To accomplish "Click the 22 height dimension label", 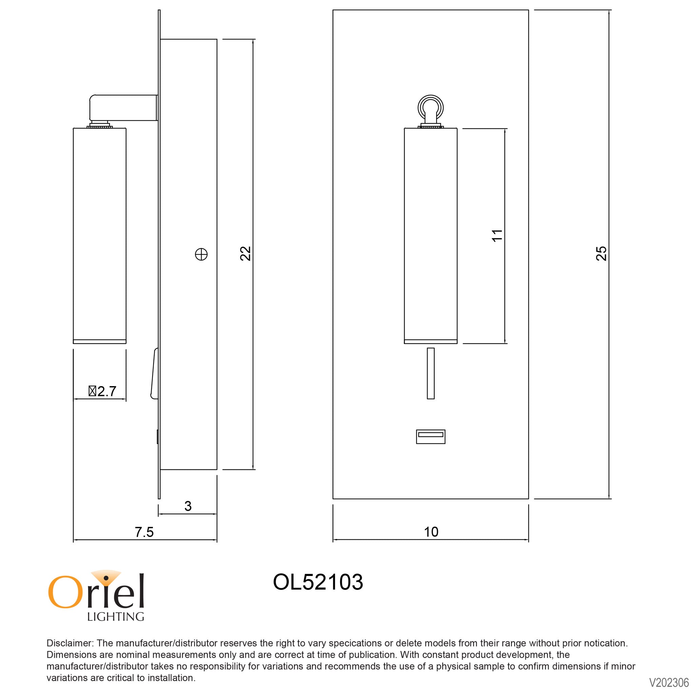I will click(x=245, y=253).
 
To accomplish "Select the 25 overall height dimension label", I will click(x=601, y=253).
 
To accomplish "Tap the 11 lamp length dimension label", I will click(x=497, y=236).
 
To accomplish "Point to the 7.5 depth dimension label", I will click(x=144, y=532).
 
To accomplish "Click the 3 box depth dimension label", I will click(x=188, y=506).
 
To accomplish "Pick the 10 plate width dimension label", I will click(x=431, y=532).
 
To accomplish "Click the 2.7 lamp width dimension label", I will click(x=106, y=391).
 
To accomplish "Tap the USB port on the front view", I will click(x=431, y=437).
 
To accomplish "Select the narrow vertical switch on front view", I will click(x=431, y=373).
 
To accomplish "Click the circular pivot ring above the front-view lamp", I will click(x=431, y=107).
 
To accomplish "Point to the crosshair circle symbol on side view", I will click(x=201, y=255).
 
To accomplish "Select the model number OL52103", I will click(x=318, y=582).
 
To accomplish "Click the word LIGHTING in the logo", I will click(x=116, y=617).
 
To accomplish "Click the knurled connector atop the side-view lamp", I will click(x=100, y=125).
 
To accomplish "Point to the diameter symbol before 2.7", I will click(x=93, y=391).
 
